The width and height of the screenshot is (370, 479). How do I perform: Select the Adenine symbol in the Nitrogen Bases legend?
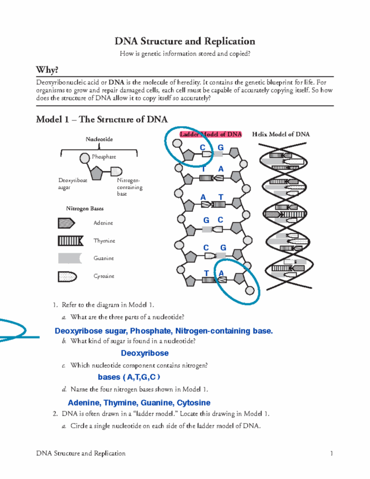[66, 223]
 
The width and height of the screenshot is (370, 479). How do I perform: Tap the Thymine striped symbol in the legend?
[66, 240]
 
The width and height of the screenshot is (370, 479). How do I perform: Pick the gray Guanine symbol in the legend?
[66, 258]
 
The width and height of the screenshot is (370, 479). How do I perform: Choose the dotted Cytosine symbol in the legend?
[66, 276]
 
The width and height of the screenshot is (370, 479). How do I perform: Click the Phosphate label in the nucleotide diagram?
[104, 157]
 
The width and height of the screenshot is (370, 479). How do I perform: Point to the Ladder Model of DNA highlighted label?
[210, 134]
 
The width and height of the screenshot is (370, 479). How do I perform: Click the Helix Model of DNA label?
[281, 134]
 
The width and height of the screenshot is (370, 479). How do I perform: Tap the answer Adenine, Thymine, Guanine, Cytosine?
[139, 402]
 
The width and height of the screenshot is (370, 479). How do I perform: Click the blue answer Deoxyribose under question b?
[145, 353]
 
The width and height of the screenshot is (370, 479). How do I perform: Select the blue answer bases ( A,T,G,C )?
[129, 376]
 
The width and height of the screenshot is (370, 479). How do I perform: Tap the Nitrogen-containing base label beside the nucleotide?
[127, 186]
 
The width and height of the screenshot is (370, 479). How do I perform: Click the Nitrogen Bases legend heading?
[85, 209]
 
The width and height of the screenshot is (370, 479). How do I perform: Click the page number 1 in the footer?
[332, 453]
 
